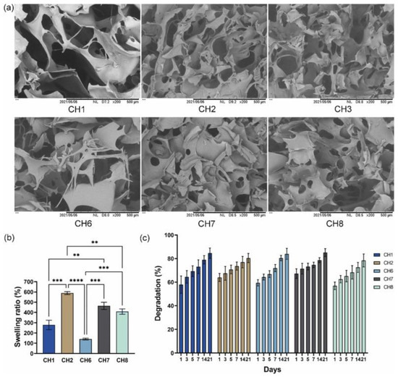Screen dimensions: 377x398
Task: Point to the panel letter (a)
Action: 9,7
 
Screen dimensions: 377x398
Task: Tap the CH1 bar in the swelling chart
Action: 48,334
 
